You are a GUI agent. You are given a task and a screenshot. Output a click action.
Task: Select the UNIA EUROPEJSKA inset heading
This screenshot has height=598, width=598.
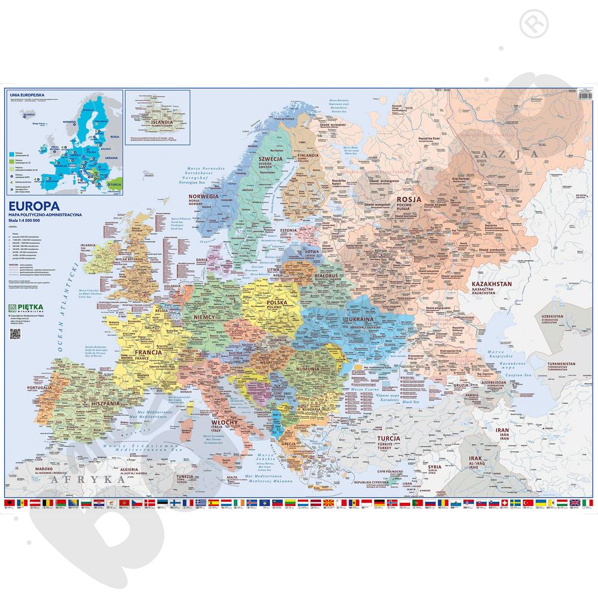coord(21,94)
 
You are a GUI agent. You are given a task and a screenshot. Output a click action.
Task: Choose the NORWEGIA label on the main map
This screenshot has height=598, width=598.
coord(202,196)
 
